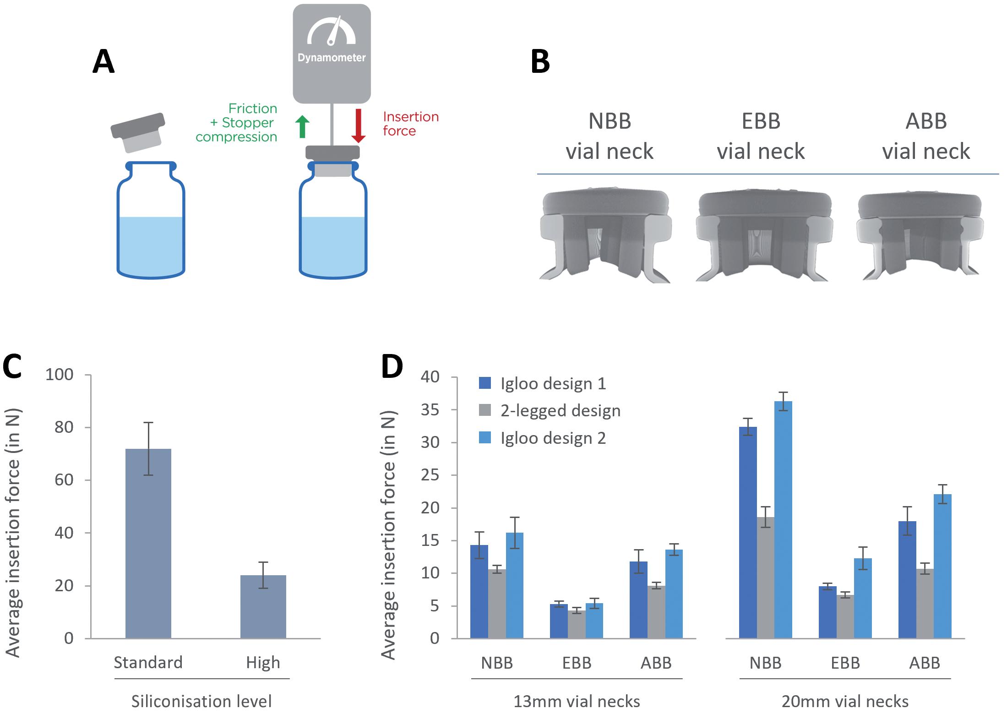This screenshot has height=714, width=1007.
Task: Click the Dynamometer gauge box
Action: click(x=332, y=53)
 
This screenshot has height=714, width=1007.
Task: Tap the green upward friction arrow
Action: click(x=302, y=126)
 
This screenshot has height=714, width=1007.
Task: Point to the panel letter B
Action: click(x=540, y=62)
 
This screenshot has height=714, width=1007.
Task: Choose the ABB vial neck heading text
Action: click(x=926, y=136)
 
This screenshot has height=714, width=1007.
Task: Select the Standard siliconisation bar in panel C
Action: click(x=148, y=543)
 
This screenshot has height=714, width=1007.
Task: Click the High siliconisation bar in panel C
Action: click(x=263, y=606)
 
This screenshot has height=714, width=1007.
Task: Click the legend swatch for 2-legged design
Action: click(x=485, y=410)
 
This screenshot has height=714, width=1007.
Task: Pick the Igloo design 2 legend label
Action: click(x=553, y=438)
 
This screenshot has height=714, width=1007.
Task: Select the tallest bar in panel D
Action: click(x=783, y=519)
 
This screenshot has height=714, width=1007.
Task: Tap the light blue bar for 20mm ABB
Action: click(x=942, y=566)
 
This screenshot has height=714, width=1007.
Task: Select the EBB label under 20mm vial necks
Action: click(x=845, y=663)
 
